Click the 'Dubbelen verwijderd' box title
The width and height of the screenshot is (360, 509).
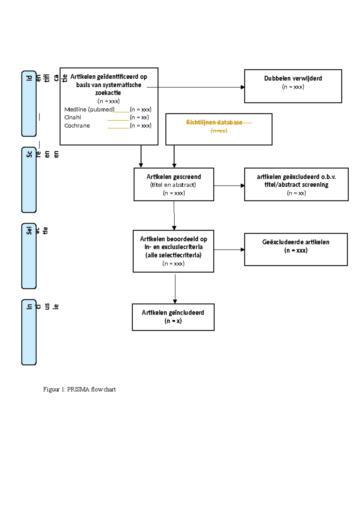point(293,78)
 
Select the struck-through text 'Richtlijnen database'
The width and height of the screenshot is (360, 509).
point(214,122)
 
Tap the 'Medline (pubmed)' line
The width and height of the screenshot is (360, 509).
point(89,110)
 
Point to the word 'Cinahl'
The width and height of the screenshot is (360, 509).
point(73,117)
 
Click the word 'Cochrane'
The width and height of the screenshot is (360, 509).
point(77,126)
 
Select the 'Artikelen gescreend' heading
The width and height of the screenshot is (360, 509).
point(174,177)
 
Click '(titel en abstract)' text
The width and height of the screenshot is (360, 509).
point(173,185)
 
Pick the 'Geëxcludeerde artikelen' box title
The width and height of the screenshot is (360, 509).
point(295,242)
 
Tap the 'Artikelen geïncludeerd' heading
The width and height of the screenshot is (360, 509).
point(173,313)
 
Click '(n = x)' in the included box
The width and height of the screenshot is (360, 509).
point(173,321)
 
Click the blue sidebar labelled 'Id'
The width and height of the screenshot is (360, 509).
point(29,104)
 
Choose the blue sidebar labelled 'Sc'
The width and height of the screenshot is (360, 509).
point(29,180)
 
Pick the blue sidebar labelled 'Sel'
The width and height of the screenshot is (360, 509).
point(29,256)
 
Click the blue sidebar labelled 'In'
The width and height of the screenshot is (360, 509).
point(29,332)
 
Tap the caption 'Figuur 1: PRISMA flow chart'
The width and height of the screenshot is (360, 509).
point(79,390)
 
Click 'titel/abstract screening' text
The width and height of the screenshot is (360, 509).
point(296,185)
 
